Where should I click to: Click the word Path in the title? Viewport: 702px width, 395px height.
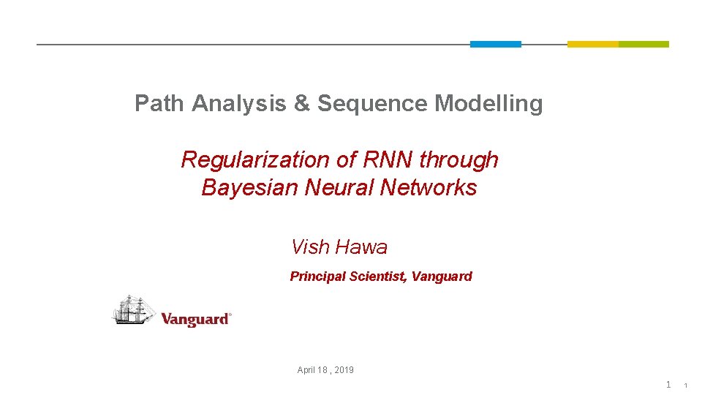click(160, 104)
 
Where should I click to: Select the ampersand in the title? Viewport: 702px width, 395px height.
click(301, 104)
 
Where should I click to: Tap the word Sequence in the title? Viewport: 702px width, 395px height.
click(372, 104)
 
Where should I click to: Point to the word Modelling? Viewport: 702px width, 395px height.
click(488, 104)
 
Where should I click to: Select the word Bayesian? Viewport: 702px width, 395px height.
click(249, 188)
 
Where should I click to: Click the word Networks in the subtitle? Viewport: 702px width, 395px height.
click(429, 188)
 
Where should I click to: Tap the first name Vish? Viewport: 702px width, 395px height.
click(310, 247)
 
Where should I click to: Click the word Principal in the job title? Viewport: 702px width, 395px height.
click(317, 276)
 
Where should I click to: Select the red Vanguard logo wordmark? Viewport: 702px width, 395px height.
click(195, 319)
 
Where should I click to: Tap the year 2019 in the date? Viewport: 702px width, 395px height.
click(344, 370)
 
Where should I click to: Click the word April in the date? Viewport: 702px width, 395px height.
click(307, 370)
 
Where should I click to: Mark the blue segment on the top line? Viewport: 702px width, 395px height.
click(495, 44)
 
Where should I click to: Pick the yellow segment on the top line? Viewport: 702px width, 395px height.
click(592, 44)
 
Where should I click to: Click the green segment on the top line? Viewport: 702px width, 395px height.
click(643, 44)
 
